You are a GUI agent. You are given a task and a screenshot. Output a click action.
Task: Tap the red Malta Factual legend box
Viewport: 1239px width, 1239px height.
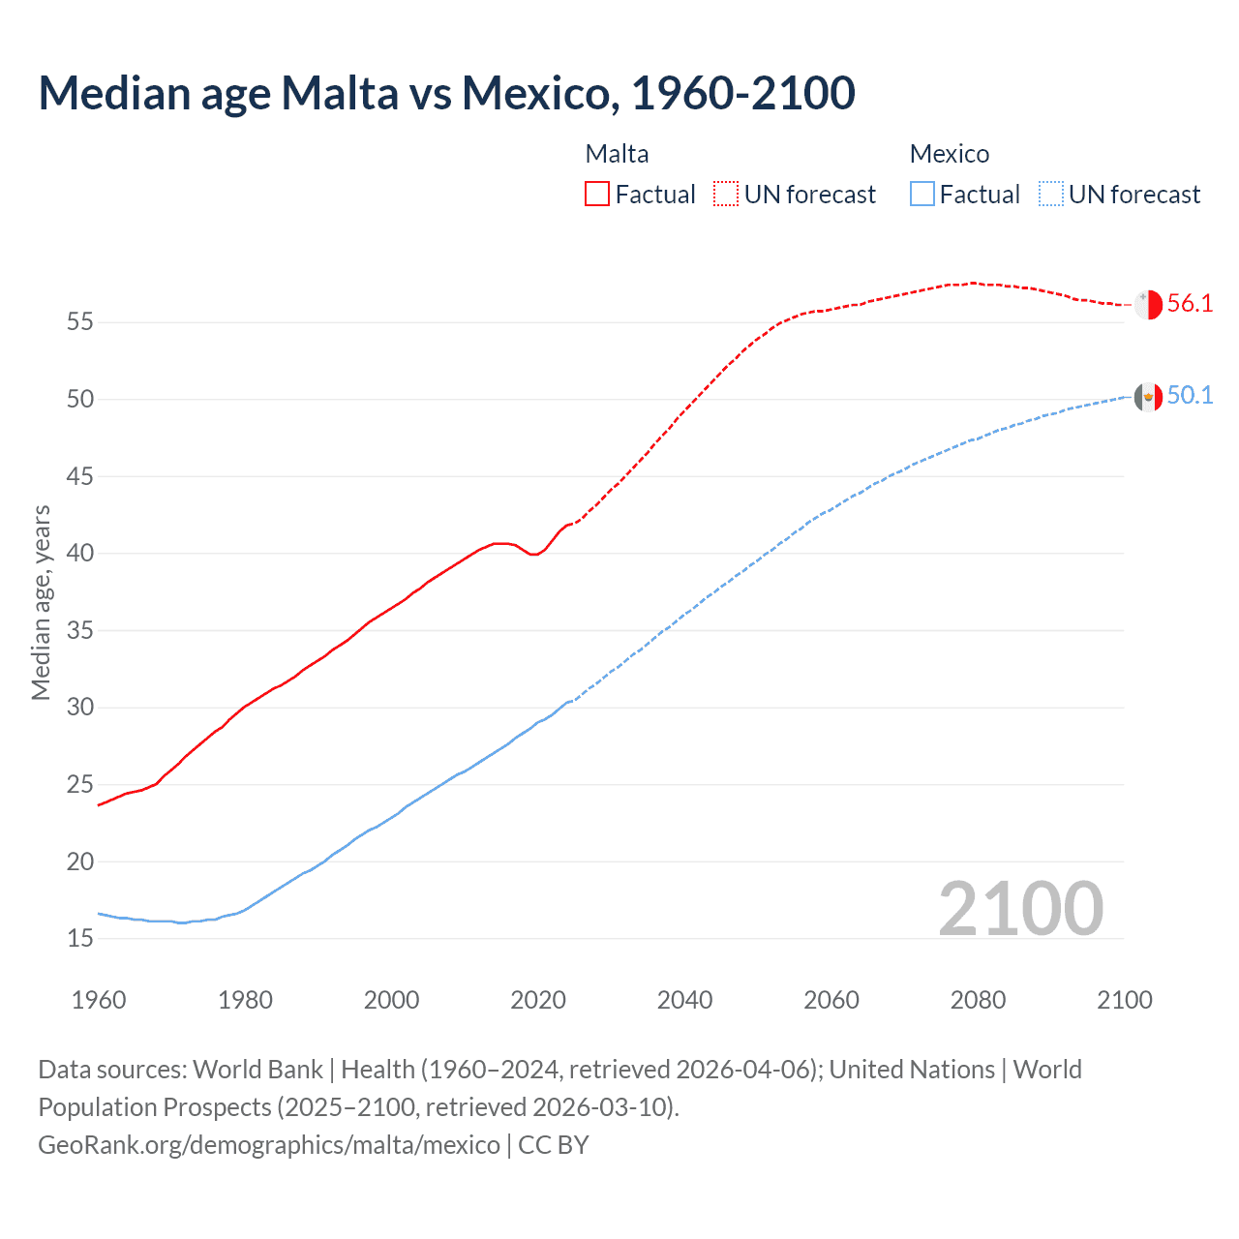(x=597, y=194)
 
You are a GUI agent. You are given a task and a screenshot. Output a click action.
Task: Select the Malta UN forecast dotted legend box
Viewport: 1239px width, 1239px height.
(x=726, y=194)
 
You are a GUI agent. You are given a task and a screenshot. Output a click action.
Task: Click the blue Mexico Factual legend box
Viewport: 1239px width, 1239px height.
(x=922, y=194)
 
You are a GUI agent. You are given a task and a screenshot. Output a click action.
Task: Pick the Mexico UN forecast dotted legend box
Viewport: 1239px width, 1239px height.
(x=1050, y=194)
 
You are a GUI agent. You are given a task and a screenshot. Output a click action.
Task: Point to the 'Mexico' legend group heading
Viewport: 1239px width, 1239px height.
(x=949, y=154)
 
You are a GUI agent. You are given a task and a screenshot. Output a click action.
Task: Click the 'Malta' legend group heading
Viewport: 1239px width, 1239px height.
(x=617, y=154)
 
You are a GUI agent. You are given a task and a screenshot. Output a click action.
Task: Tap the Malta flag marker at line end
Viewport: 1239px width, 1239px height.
(x=1148, y=304)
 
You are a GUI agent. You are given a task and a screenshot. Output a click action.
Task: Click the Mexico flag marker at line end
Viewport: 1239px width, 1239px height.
(x=1148, y=396)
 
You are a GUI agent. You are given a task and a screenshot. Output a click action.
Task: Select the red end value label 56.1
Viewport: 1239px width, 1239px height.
(x=1190, y=303)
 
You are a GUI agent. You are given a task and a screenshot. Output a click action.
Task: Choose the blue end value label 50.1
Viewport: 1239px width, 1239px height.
(x=1190, y=395)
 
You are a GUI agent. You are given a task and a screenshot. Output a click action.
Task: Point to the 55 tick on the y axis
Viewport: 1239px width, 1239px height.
(x=80, y=321)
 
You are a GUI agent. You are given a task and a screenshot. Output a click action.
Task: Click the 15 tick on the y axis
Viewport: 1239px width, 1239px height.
(x=80, y=938)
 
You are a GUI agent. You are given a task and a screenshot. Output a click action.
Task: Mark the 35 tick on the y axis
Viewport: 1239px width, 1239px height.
(x=80, y=630)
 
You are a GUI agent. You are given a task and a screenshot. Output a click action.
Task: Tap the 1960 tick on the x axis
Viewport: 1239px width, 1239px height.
(x=99, y=1000)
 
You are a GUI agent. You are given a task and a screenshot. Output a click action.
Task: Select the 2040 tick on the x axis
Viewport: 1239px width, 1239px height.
(x=684, y=1000)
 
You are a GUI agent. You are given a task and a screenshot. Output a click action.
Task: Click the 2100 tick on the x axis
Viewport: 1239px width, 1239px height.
(x=1124, y=1000)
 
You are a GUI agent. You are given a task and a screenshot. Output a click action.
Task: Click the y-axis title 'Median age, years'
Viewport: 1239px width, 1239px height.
(x=41, y=602)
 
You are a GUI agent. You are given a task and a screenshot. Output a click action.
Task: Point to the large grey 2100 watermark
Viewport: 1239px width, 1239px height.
(x=1020, y=908)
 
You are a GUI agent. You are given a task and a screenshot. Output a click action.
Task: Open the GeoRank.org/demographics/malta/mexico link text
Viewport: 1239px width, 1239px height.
(x=269, y=1144)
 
